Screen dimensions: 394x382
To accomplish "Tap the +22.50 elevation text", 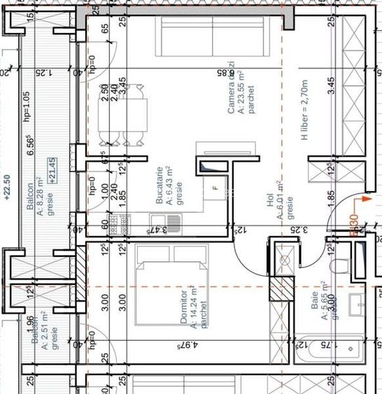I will [x=8, y=188].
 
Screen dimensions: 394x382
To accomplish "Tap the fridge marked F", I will [x=215, y=188].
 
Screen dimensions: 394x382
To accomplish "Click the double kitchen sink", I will [x=162, y=225].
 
